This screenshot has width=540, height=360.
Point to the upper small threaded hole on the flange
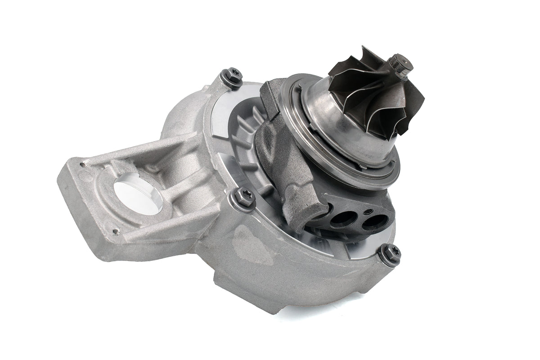pos(82,165)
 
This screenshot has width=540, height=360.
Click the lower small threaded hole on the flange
pos(116,232)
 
